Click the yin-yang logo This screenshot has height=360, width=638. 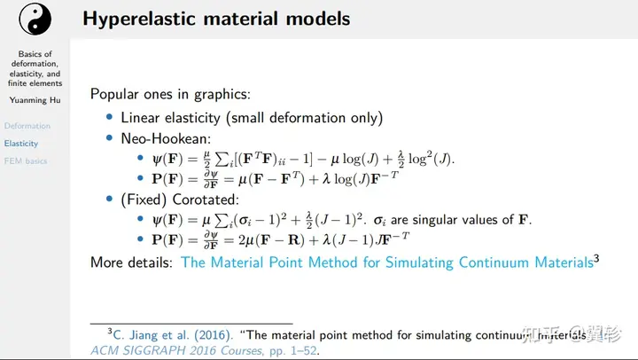pyautogui.click(x=35, y=20)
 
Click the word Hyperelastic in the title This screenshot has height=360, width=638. pyautogui.click(x=140, y=20)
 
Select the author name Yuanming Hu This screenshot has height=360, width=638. pyautogui.click(x=35, y=100)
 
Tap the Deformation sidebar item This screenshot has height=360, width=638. pyautogui.click(x=27, y=126)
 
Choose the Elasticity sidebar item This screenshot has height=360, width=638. pyautogui.click(x=21, y=144)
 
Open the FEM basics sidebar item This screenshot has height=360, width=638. pyautogui.click(x=26, y=160)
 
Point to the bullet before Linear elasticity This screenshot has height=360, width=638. pyautogui.click(x=109, y=117)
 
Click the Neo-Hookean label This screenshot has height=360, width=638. pyautogui.click(x=166, y=139)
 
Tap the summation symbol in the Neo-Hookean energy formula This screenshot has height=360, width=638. pyautogui.click(x=222, y=160)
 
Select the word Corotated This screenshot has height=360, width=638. pyautogui.click(x=206, y=200)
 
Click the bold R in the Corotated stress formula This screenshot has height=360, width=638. pyautogui.click(x=293, y=240)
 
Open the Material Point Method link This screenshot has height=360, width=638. pyautogui.click(x=387, y=262)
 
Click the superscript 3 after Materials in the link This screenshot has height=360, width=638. pyautogui.click(x=596, y=258)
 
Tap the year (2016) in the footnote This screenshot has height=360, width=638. pyautogui.click(x=212, y=335)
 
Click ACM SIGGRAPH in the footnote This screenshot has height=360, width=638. pyautogui.click(x=139, y=350)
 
